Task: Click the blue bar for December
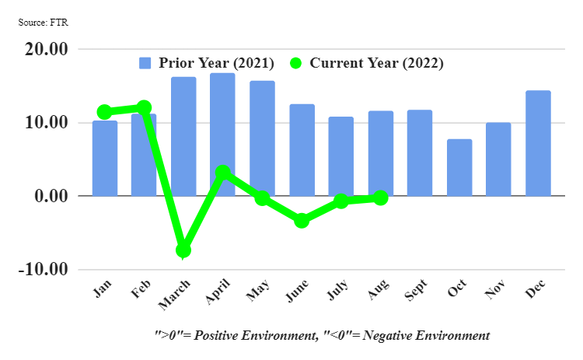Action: pos(538,143)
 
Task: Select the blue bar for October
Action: pos(459,167)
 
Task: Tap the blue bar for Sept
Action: pos(420,152)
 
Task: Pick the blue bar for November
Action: pos(498,159)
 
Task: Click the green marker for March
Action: pos(183,250)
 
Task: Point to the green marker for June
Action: pos(302,220)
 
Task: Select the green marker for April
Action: pos(223,172)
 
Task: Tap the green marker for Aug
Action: pos(380,198)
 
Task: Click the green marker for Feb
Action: pos(144,107)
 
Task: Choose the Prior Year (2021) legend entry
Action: pos(205,63)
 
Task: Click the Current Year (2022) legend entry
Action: pos(365,63)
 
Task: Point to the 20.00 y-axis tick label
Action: pos(47,49)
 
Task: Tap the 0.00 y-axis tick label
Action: pos(51,196)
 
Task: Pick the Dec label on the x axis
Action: pos(534,290)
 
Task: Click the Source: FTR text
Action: pos(44,22)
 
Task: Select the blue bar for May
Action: pos(262,138)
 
